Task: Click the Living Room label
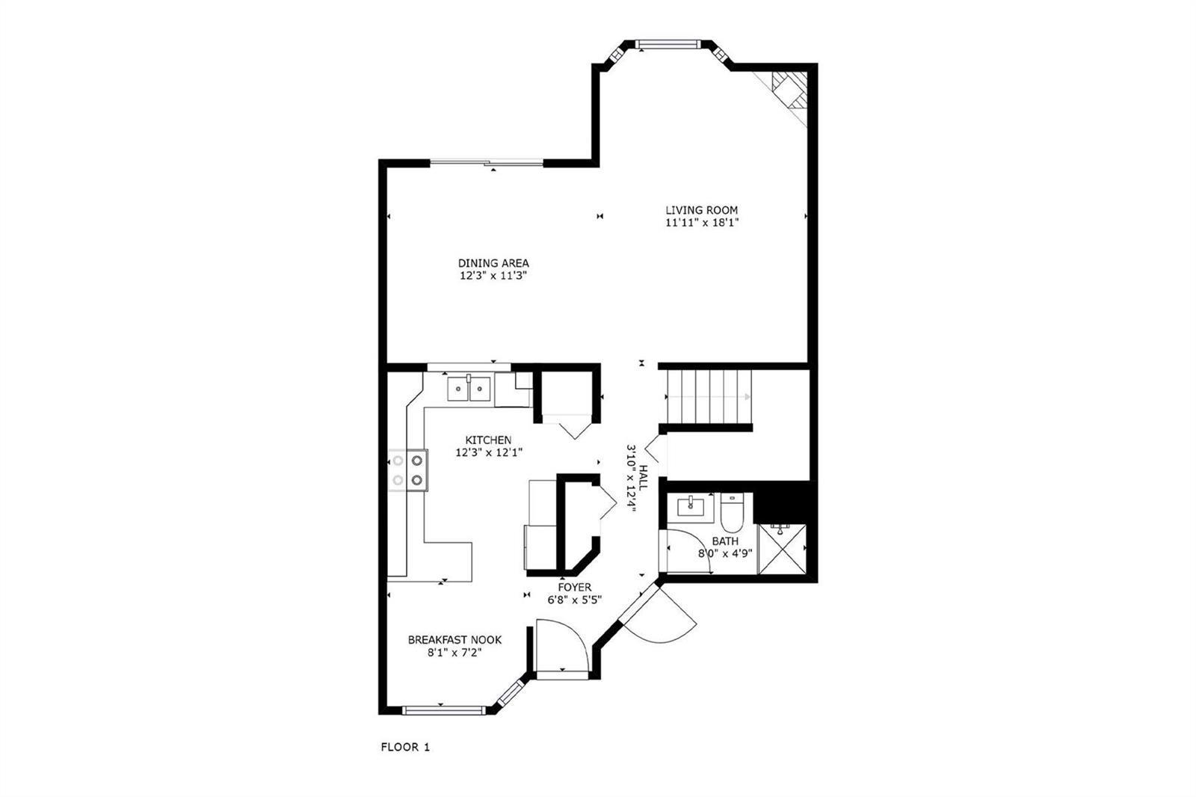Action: [x=702, y=211]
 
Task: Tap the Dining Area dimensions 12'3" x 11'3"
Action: [x=493, y=276]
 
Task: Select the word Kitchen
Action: [x=489, y=440]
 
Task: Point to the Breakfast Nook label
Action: [x=455, y=640]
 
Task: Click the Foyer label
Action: [x=575, y=588]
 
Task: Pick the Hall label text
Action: [x=644, y=478]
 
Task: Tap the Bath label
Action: [x=725, y=541]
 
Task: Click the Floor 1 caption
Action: [x=405, y=748]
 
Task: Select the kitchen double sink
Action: [x=469, y=388]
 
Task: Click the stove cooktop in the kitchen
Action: [x=408, y=470]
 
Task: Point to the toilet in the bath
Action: [x=732, y=512]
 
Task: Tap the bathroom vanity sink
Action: [x=691, y=506]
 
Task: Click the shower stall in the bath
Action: [x=782, y=549]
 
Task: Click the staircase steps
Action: [x=709, y=397]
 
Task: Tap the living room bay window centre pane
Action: [x=668, y=44]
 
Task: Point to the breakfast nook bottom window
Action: [x=444, y=710]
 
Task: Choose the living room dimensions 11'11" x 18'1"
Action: [x=702, y=223]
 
